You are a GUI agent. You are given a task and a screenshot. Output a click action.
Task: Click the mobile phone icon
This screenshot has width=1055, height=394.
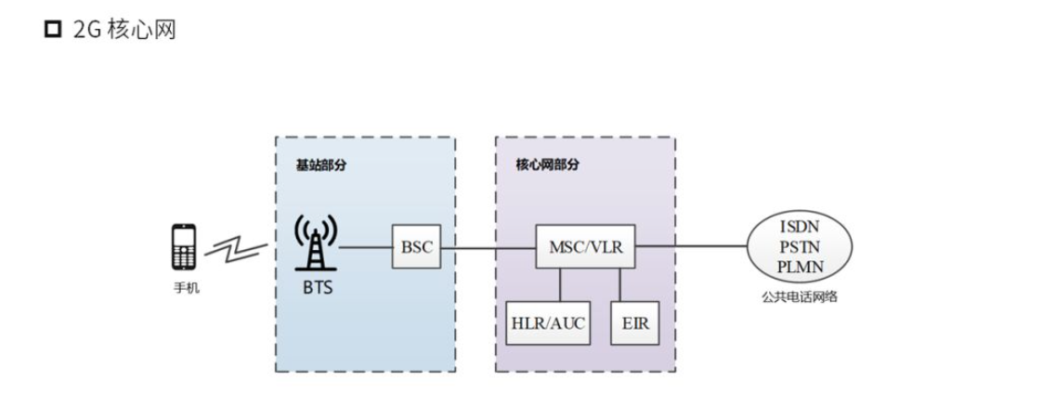click(x=184, y=248)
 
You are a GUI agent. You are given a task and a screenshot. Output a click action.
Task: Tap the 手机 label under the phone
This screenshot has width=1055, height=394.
click(x=186, y=288)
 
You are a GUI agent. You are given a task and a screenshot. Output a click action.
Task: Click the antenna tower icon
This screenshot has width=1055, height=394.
click(x=316, y=243)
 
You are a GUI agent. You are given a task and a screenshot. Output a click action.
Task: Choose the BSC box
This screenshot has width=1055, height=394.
click(x=415, y=248)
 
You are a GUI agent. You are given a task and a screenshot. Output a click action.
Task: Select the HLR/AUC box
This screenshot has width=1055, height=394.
click(x=549, y=322)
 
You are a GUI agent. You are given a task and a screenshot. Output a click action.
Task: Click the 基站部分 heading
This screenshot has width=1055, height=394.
click(x=312, y=164)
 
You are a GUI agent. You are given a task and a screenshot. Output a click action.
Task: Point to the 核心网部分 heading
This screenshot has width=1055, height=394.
click(x=548, y=164)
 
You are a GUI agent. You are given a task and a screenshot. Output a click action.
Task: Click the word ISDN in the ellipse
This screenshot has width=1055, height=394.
click(x=799, y=226)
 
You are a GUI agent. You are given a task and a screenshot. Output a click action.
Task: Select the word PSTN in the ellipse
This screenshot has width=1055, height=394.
click(x=799, y=246)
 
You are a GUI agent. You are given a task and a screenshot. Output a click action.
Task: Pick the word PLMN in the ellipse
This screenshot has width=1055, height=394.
click(x=799, y=267)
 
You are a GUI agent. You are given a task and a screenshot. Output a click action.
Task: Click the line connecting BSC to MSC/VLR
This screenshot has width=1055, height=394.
click(x=488, y=248)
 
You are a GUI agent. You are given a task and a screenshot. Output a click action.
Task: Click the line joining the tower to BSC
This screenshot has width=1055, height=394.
click(x=367, y=248)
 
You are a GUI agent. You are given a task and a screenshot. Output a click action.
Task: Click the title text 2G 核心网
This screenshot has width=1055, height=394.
click(x=124, y=31)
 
